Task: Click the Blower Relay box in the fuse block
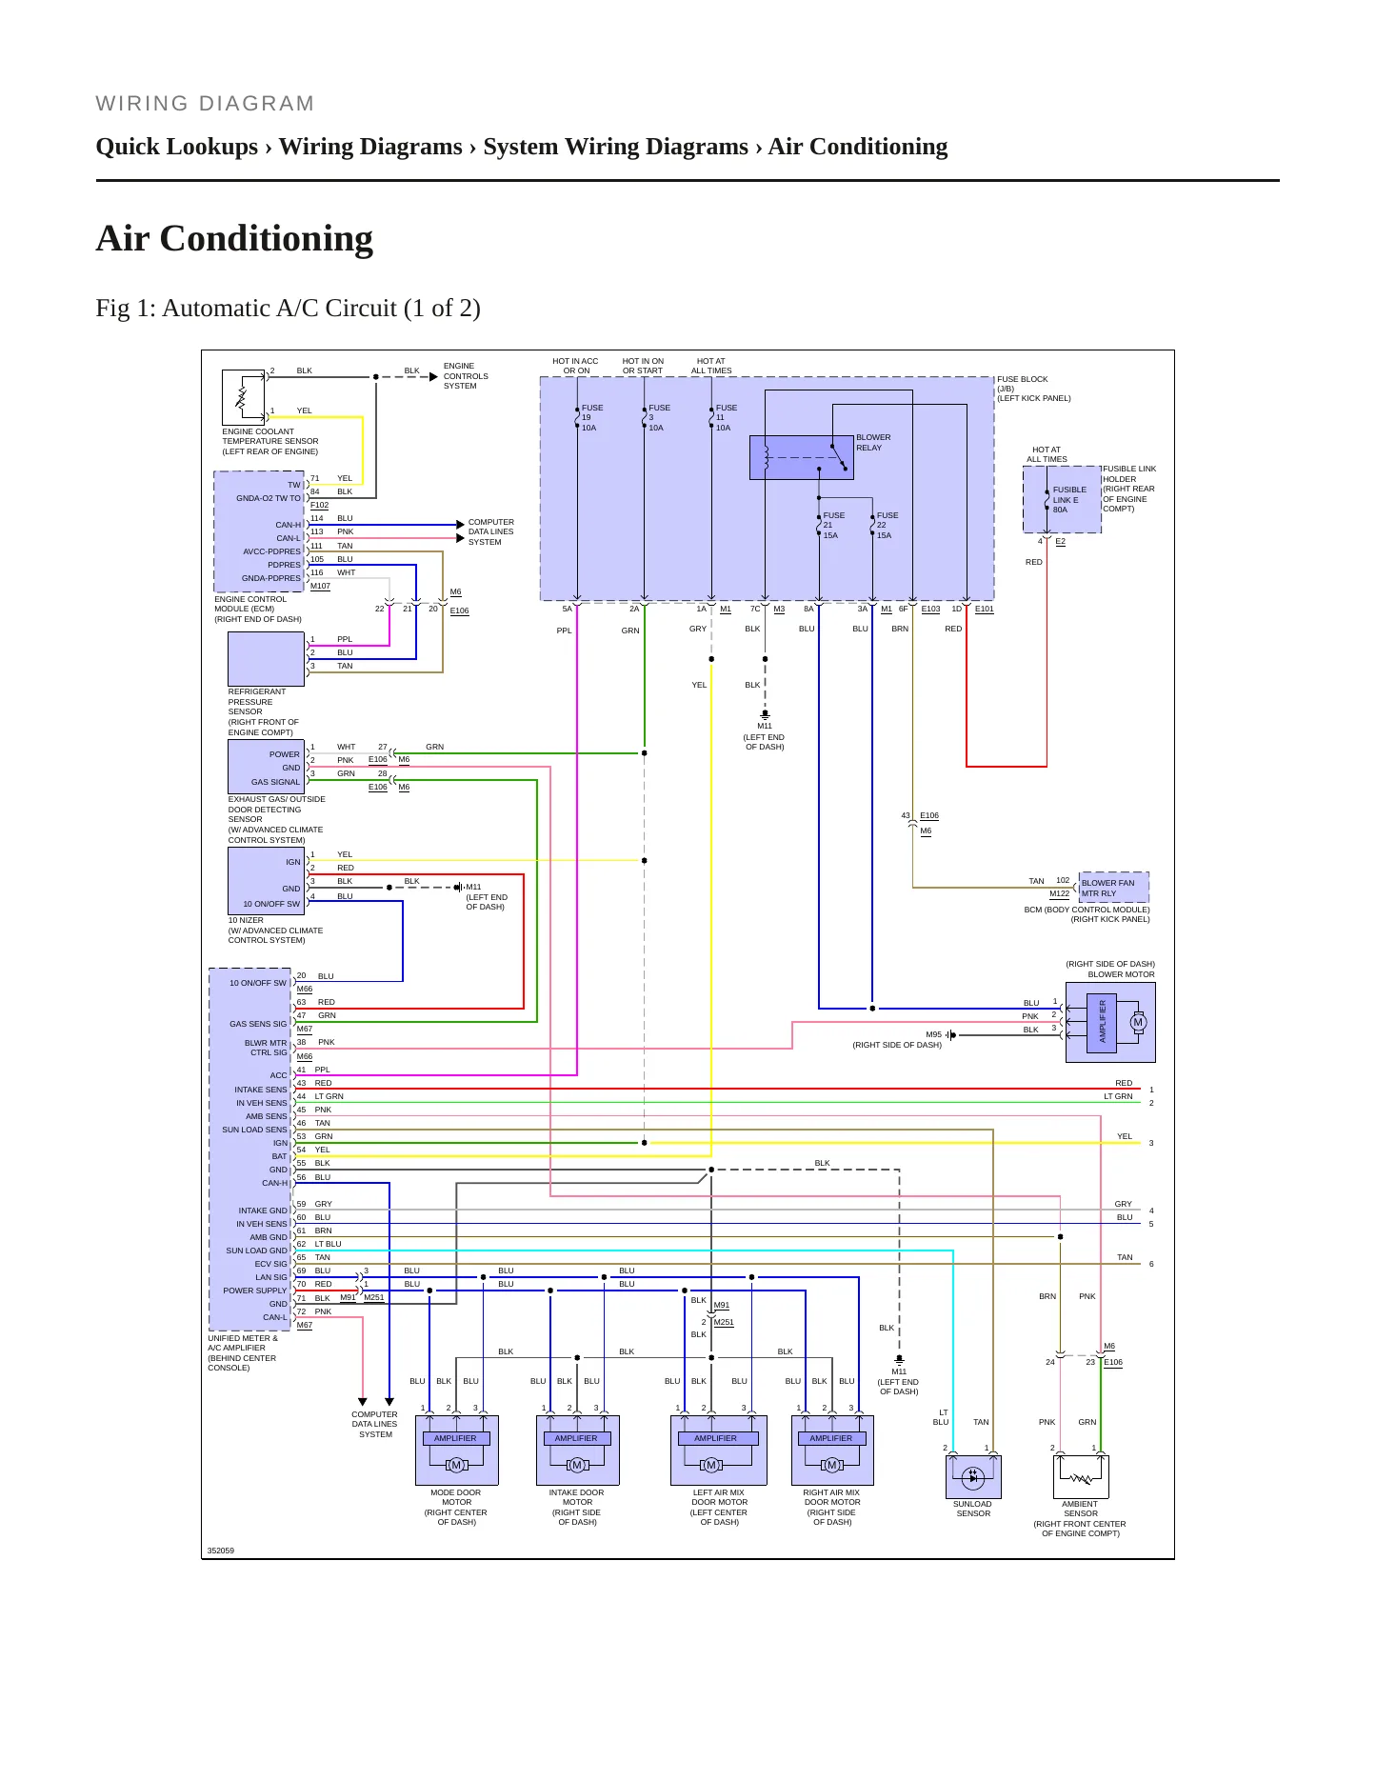[x=801, y=457]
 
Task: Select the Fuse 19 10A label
[x=592, y=418]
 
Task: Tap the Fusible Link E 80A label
[x=1069, y=500]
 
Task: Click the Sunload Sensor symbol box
[x=973, y=1477]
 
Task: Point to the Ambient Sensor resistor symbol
[x=1081, y=1478]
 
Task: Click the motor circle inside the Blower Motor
[x=1137, y=1022]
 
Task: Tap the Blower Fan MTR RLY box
[x=1113, y=888]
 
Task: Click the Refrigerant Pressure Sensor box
[x=266, y=659]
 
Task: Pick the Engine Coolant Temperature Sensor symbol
[x=243, y=397]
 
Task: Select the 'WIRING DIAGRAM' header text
[x=205, y=104]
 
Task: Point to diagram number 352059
[x=221, y=1551]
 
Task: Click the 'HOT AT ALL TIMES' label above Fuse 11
[x=711, y=366]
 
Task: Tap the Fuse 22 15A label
[x=887, y=526]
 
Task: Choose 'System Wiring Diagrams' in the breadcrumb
[x=615, y=147]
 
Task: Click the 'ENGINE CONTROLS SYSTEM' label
[x=466, y=376]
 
